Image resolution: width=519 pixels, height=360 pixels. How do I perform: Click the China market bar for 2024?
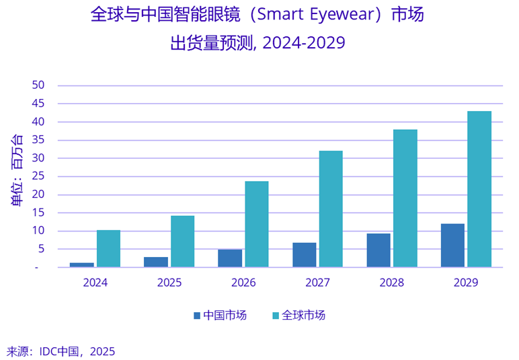click(82, 264)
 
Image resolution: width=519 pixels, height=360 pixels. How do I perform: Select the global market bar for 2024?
click(108, 249)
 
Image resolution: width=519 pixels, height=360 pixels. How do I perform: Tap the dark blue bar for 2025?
click(156, 262)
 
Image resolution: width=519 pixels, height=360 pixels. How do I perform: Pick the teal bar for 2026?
click(257, 224)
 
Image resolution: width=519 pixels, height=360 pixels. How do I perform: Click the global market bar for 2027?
click(331, 209)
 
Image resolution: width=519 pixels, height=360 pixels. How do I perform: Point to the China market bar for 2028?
click(378, 250)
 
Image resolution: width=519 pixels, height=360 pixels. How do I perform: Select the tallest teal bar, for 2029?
click(479, 189)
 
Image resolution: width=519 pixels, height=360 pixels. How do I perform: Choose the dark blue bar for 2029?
click(452, 246)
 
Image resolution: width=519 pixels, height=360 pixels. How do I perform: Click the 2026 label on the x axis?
click(243, 283)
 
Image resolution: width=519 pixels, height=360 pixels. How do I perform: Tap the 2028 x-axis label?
click(392, 283)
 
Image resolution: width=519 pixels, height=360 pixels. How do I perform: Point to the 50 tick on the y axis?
click(38, 85)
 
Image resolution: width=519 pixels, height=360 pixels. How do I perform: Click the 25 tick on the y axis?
click(38, 176)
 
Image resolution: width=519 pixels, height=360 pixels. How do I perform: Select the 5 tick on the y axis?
click(40, 249)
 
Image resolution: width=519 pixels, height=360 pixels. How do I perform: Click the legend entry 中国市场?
click(220, 315)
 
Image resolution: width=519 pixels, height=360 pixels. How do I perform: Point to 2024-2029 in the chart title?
click(304, 43)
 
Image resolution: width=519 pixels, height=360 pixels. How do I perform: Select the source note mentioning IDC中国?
click(61, 351)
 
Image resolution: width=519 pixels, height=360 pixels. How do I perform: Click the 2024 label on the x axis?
click(95, 283)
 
